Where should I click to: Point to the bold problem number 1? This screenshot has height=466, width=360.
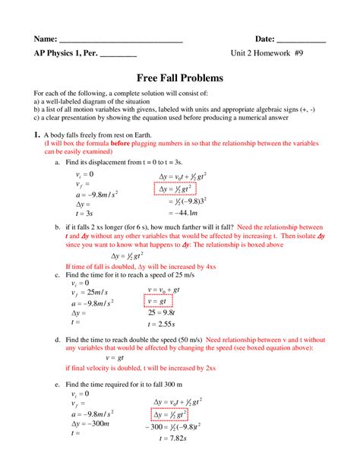coord(36,135)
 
